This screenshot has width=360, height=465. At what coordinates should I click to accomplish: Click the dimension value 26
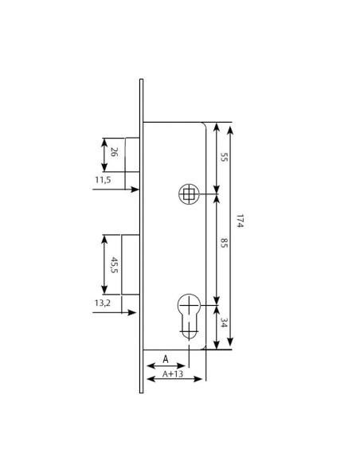click(114, 152)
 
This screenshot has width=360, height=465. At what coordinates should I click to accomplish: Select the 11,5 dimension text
click(103, 181)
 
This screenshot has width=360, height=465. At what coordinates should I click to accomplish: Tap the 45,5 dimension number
click(114, 264)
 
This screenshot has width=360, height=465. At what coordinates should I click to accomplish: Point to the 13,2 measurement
click(103, 303)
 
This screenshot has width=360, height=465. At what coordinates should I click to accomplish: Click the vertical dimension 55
click(224, 158)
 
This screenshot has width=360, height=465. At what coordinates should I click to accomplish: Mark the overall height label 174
click(239, 221)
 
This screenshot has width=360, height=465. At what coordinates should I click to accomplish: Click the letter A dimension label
click(166, 359)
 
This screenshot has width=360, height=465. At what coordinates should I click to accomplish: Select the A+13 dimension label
click(173, 374)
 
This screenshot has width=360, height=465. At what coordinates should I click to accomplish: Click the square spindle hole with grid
click(189, 193)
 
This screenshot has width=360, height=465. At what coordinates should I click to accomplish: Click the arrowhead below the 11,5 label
click(136, 190)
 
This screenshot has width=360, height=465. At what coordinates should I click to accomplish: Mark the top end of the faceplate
click(141, 80)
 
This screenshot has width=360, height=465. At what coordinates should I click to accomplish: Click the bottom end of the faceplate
click(141, 392)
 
